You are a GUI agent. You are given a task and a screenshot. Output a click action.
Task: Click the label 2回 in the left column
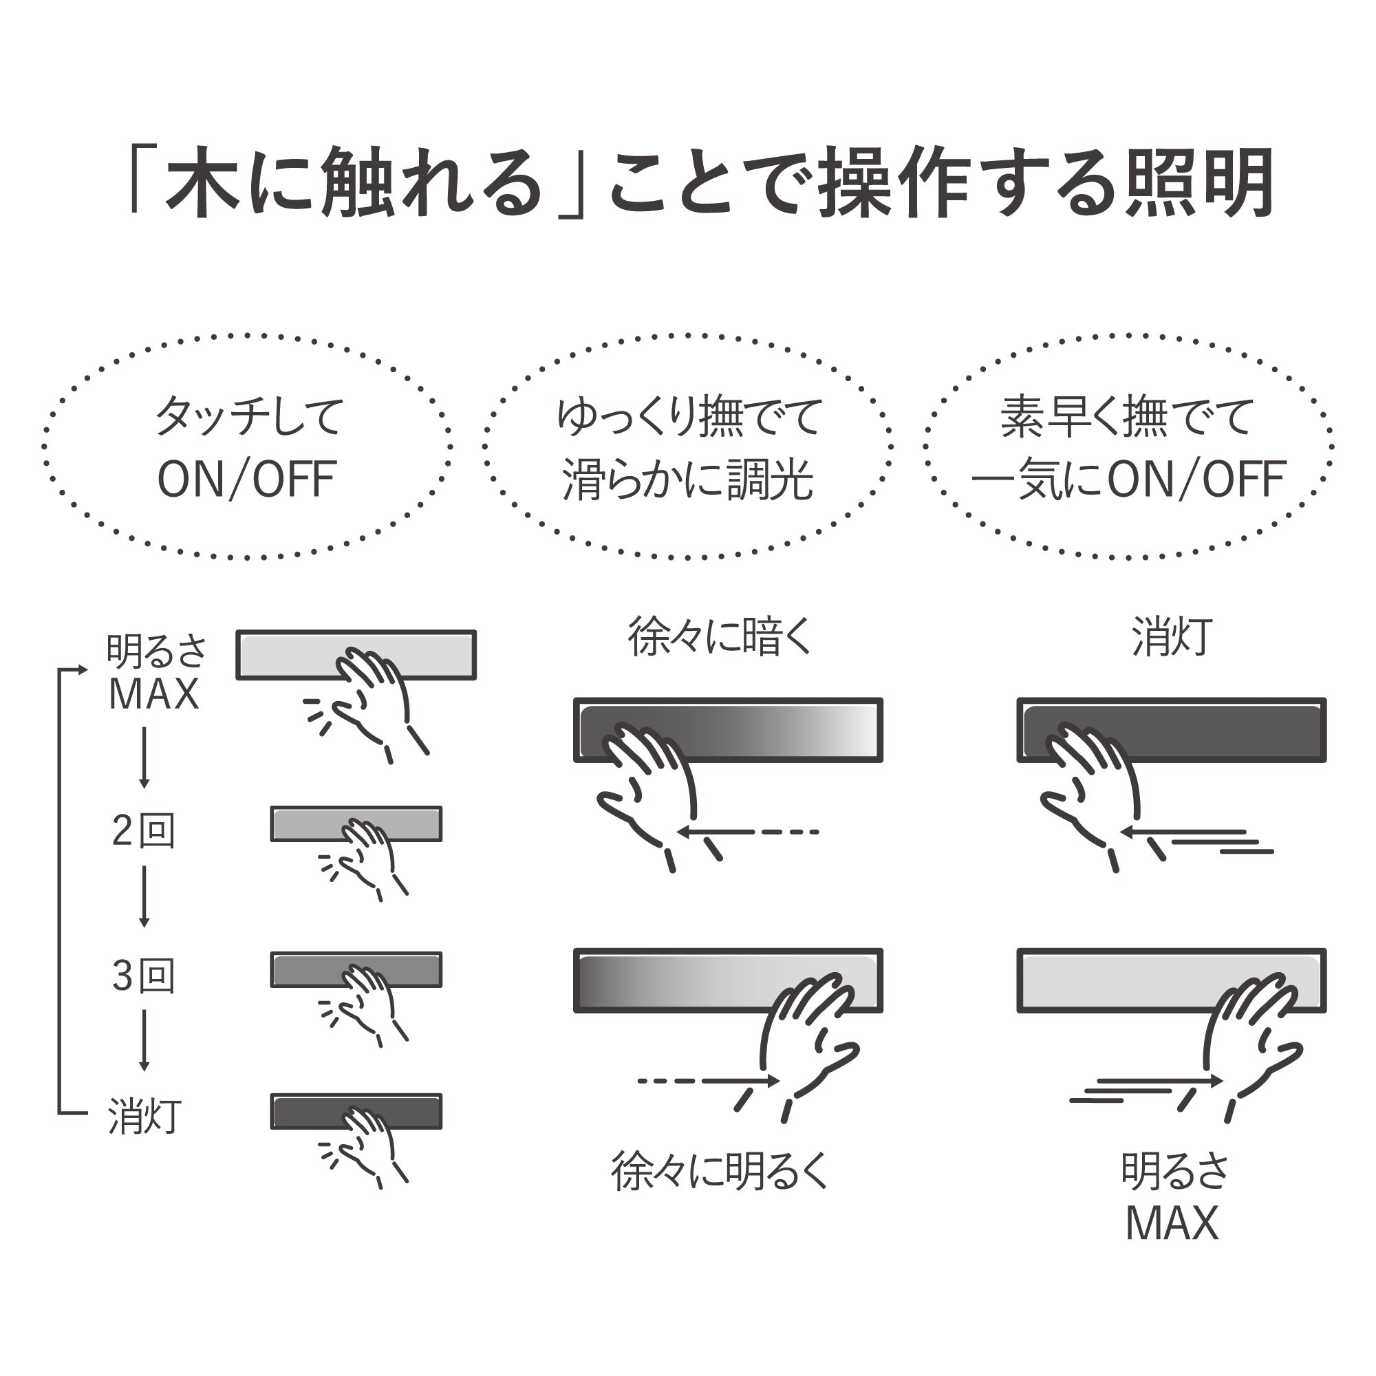(143, 831)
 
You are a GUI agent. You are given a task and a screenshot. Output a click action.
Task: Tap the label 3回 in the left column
(143, 976)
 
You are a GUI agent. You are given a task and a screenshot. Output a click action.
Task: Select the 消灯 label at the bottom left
(144, 1116)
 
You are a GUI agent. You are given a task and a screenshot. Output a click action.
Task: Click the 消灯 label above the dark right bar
(1172, 636)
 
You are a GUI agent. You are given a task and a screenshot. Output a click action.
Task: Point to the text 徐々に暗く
(720, 636)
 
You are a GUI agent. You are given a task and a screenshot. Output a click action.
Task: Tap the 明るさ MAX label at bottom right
(1174, 1197)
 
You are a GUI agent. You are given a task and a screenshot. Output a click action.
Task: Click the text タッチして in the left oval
(249, 417)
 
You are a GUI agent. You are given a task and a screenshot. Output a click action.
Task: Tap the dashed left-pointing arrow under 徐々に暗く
(748, 831)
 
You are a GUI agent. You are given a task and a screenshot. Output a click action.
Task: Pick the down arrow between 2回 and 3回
(144, 896)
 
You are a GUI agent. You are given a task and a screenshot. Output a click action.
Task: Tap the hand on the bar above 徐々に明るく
(808, 1036)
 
